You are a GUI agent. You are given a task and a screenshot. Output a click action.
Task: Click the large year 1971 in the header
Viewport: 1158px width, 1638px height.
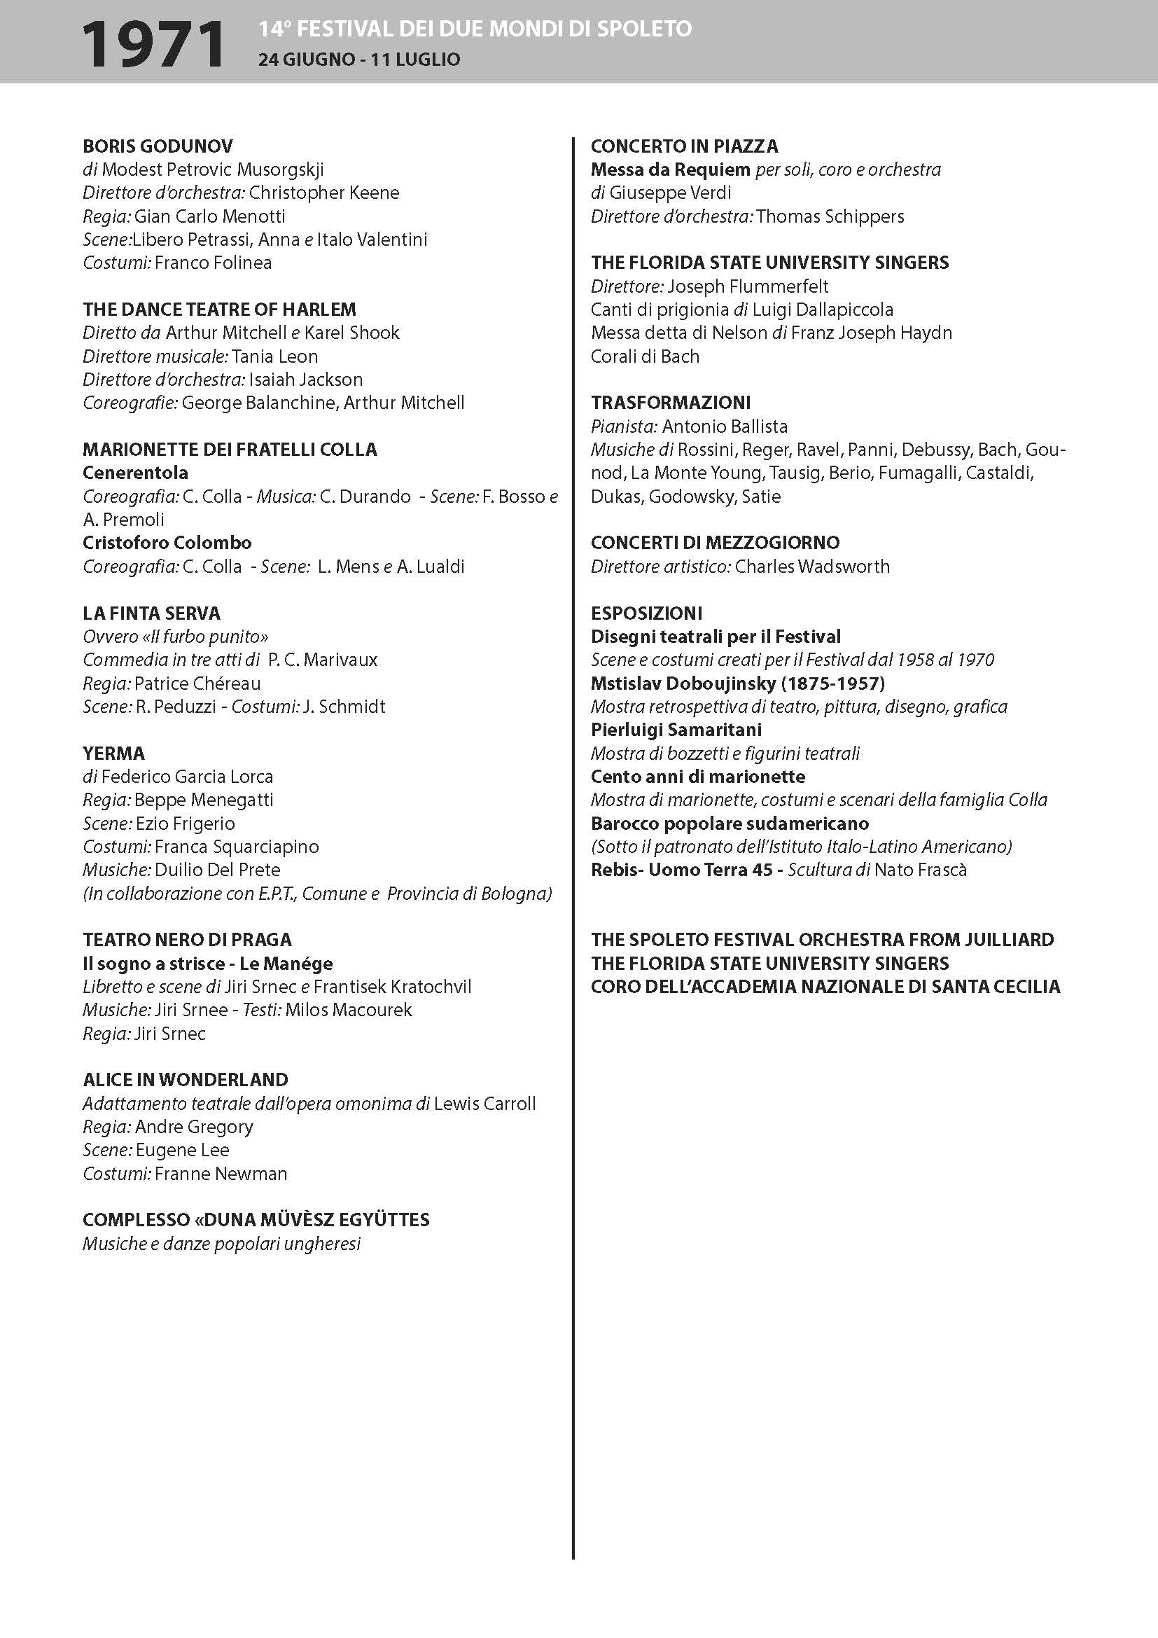coord(153,44)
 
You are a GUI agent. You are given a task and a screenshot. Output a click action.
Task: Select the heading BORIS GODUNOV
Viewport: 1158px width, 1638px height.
coord(158,146)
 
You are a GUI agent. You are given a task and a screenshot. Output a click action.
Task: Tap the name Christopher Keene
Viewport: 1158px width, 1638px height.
coord(323,193)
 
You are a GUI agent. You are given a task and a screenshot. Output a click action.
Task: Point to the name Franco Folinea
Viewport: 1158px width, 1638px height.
coord(214,263)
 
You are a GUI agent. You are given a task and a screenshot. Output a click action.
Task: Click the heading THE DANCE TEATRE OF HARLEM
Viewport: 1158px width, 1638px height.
coord(219,310)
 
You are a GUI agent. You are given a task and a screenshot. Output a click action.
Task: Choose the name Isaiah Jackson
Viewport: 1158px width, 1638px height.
coord(305,380)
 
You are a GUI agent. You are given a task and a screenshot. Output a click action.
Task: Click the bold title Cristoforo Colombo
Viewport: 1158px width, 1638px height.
coord(167,543)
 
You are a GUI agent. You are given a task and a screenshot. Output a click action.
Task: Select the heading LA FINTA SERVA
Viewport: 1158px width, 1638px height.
coord(151,613)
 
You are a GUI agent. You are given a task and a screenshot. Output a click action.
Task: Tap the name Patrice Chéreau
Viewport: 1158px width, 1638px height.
coord(197,683)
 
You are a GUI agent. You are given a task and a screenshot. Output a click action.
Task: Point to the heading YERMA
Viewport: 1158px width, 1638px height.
coord(113,754)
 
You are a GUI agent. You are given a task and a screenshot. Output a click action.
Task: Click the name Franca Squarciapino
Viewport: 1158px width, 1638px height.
coord(237,847)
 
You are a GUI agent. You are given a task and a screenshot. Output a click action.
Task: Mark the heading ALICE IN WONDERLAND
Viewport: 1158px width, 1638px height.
coord(186,1080)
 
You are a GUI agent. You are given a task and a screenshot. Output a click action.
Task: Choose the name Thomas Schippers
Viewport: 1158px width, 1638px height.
coord(830,216)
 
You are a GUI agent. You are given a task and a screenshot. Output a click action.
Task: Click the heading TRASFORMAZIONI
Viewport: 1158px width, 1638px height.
coord(670,403)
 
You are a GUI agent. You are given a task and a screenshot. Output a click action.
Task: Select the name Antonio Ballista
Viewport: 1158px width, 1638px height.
coord(725,426)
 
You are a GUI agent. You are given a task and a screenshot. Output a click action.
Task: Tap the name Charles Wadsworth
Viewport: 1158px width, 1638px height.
coord(812,567)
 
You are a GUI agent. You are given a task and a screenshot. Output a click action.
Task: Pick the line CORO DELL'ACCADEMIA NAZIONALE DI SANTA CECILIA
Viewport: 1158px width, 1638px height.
coord(825,987)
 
